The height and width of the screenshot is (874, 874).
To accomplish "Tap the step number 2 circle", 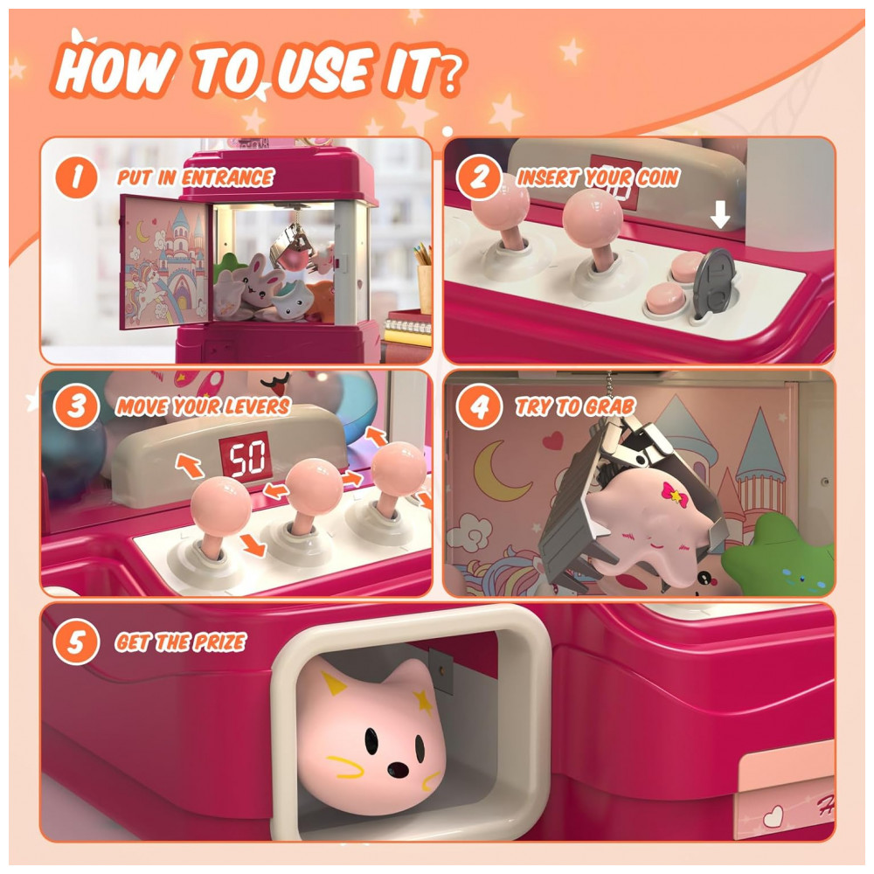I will coord(479,177).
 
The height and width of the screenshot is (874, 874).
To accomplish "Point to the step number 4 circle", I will coord(479,407).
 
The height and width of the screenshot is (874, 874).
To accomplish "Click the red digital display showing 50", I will coord(246,459).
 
